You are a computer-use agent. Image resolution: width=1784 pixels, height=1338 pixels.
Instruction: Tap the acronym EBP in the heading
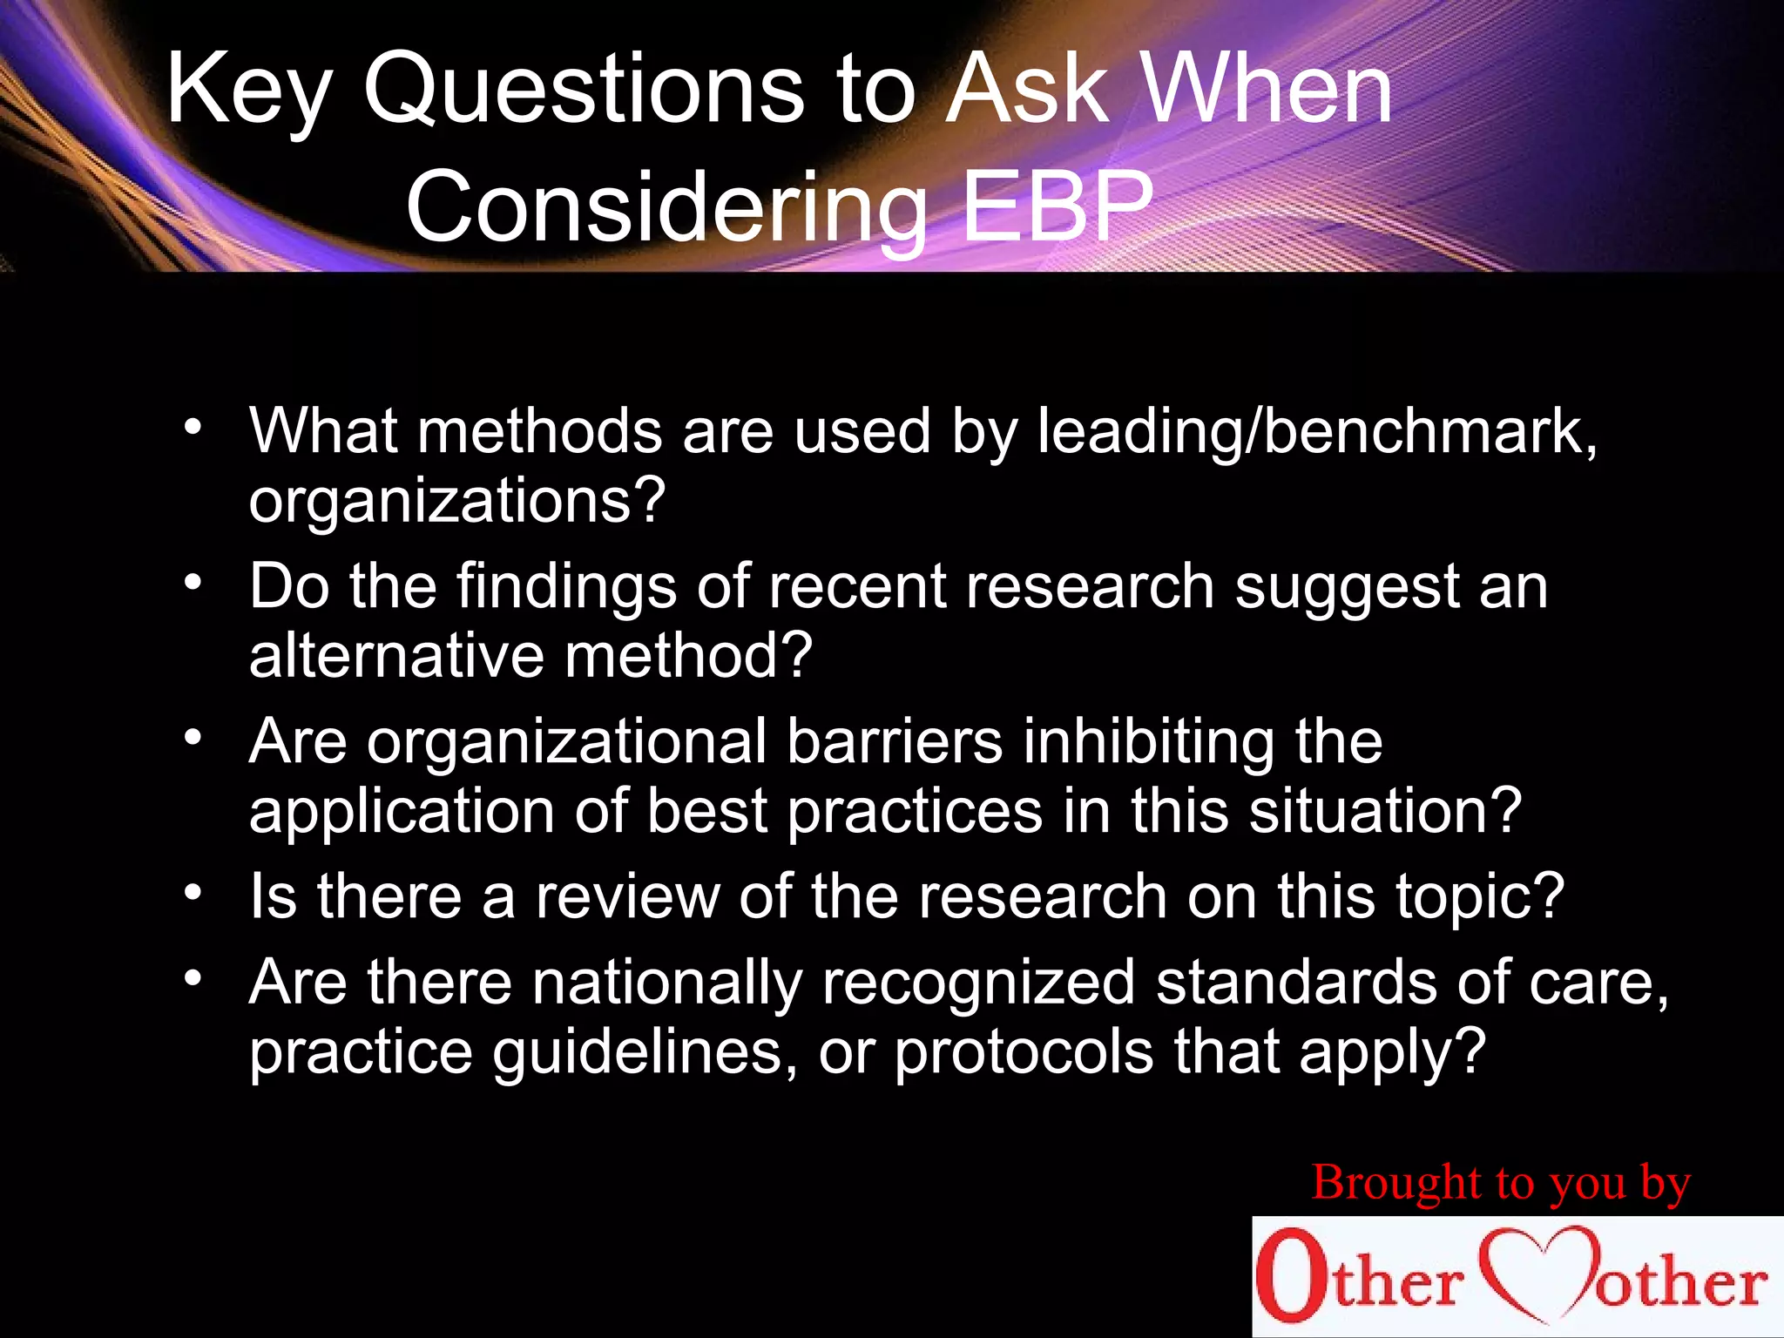click(1057, 207)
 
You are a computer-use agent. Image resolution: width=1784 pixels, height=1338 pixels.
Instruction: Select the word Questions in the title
click(584, 89)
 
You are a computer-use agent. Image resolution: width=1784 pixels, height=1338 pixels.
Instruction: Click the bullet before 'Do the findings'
click(193, 582)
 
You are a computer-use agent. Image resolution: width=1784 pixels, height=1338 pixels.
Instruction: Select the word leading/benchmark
click(1316, 431)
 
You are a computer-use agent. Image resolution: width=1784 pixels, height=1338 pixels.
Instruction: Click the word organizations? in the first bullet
click(456, 501)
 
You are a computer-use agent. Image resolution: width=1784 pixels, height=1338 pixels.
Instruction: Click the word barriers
click(894, 741)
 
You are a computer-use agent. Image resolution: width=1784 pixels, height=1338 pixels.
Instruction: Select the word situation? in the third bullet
click(1385, 811)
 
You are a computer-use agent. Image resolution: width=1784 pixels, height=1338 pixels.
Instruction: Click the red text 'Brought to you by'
click(1500, 1183)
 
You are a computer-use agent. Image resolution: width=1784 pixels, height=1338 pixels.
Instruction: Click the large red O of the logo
click(1287, 1277)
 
